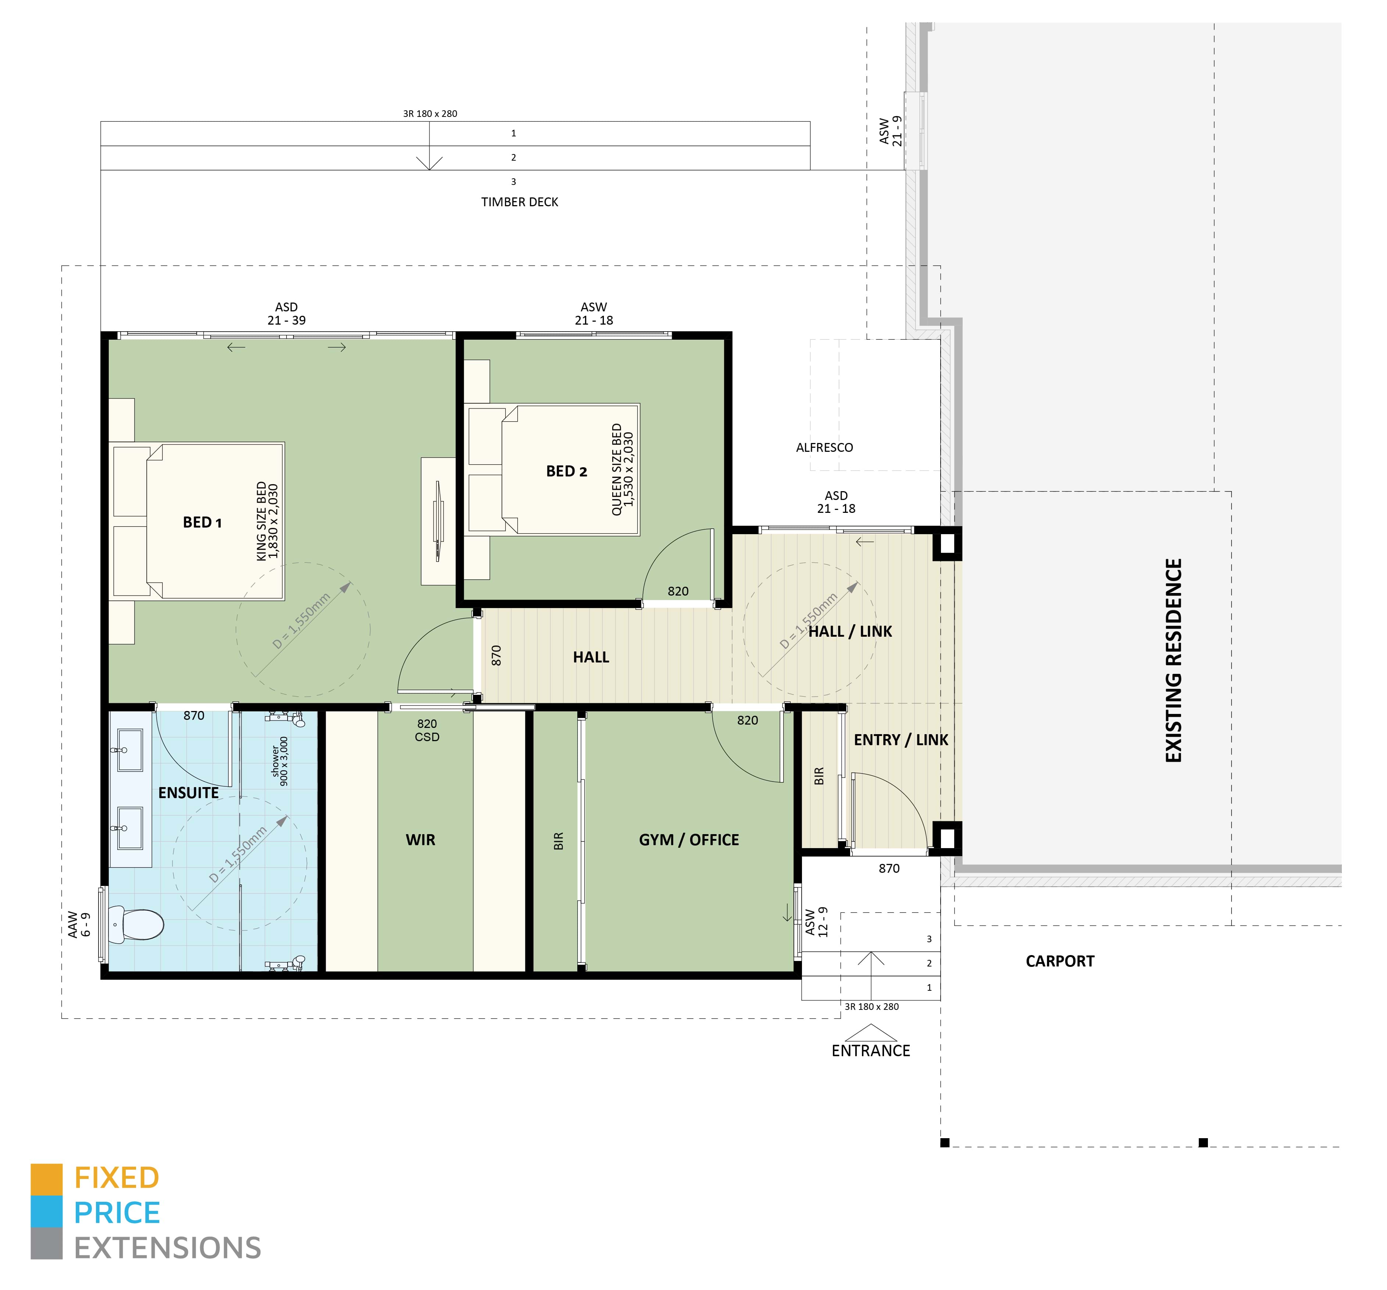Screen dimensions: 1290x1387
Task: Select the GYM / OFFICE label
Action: point(689,840)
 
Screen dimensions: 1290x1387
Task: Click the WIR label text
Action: point(420,840)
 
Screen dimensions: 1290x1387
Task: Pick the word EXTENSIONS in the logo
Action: point(167,1248)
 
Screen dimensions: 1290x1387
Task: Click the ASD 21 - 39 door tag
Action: point(286,314)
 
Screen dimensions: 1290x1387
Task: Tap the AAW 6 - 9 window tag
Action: point(79,925)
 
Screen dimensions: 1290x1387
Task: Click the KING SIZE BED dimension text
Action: point(267,521)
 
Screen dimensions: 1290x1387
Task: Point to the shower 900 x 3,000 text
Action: point(279,761)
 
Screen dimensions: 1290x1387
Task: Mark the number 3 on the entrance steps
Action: point(928,939)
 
